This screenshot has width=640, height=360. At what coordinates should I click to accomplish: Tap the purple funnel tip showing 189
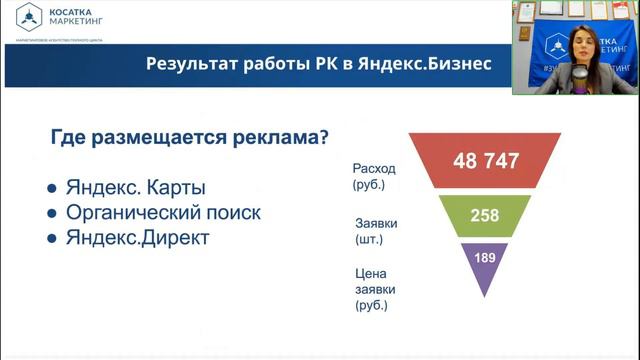click(x=484, y=260)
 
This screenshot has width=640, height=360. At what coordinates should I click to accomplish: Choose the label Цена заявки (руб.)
click(x=373, y=288)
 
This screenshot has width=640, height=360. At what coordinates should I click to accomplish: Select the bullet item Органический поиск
click(x=162, y=213)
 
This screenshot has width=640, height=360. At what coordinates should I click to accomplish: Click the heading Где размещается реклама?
click(x=189, y=138)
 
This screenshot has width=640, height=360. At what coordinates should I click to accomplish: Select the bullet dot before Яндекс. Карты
click(x=52, y=190)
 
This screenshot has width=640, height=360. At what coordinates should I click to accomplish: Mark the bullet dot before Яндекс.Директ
click(x=52, y=240)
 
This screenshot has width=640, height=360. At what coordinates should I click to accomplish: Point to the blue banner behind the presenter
click(x=551, y=50)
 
